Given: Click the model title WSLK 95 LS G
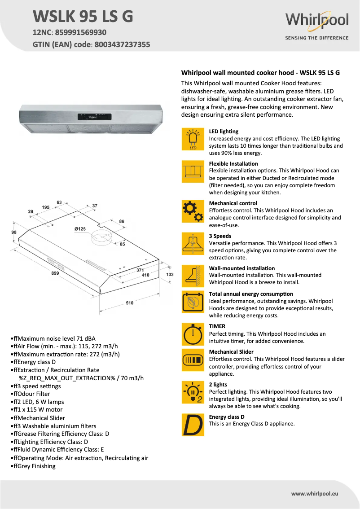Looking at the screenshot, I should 83,17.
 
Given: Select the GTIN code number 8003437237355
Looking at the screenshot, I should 122,44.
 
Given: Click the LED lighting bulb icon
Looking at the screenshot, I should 193,139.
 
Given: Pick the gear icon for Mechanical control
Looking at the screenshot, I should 193,211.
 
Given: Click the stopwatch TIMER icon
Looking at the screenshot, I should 193,334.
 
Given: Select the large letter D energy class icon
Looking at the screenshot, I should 193,425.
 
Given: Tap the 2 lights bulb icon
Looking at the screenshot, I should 193,392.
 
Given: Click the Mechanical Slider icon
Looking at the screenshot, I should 193,360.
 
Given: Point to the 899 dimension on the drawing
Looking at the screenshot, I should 55,273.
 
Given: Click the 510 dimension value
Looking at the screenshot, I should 129,303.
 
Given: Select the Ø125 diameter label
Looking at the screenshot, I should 80,229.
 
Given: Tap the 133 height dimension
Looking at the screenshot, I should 170,274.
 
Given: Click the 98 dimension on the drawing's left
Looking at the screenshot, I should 14,232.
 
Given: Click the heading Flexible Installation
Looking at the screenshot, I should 233,164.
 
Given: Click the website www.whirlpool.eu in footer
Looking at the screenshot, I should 314,493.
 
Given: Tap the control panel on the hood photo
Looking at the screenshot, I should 92,115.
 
